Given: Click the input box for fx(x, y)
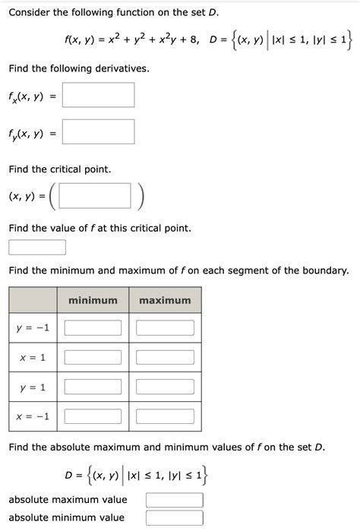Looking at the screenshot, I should coord(98,95).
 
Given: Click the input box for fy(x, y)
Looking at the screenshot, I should coord(98,132).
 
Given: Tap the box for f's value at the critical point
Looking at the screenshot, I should coord(37,248).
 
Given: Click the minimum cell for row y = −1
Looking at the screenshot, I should coord(93,328).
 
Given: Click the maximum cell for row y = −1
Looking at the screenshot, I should coord(166,328).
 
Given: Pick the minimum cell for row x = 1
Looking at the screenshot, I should coord(93,357).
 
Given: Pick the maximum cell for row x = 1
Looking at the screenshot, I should coord(166,357).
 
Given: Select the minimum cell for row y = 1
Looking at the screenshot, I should coord(93,387).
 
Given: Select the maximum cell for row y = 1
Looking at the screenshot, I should coord(166,387).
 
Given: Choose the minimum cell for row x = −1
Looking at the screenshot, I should coord(93,416).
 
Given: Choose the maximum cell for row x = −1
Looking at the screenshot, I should coord(166,416).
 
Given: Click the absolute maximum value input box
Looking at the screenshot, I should coord(175,500).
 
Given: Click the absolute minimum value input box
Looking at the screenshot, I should coord(175,518).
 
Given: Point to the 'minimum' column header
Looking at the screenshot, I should coord(93,301).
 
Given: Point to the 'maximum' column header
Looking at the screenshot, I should coord(166,301).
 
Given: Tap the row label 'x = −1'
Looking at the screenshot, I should coord(32,416).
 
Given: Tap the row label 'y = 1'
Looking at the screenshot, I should coord(32,387).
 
